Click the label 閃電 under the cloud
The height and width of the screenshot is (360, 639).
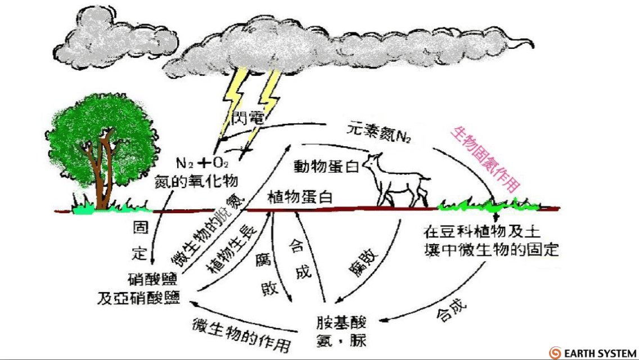(x=247, y=118)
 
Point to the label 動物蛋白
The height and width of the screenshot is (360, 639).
(x=326, y=166)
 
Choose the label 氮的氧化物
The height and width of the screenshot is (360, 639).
(x=196, y=181)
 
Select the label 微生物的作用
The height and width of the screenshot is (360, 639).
(x=241, y=334)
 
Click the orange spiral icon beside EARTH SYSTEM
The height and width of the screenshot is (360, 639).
(x=555, y=353)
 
